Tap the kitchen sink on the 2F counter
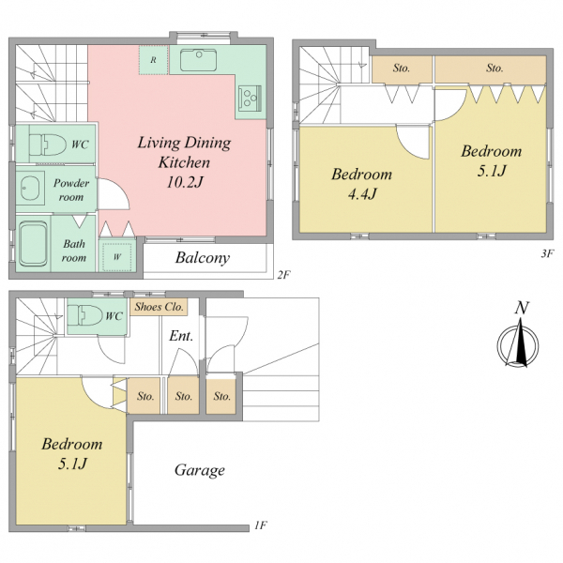coord(198,60)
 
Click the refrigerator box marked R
coord(154,60)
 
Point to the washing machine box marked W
coord(117,257)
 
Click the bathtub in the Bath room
coord(33,243)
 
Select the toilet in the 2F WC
coord(48,145)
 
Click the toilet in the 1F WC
coord(85,315)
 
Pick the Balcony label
coord(203,258)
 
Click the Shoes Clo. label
coord(159,307)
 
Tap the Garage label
coord(200,470)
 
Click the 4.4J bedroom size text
coord(362,194)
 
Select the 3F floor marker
coord(547,254)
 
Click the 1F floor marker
coord(261,525)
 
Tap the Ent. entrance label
coord(181,336)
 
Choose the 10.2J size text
coord(185,182)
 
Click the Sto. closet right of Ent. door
coord(221,396)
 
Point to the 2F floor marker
coord(283,275)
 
